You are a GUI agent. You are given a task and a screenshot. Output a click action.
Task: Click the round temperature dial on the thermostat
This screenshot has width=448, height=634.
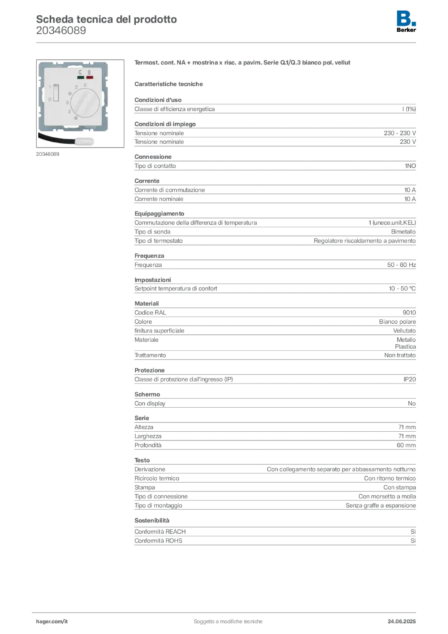(85, 102)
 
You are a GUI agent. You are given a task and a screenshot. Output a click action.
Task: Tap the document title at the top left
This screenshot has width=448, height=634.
(106, 19)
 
